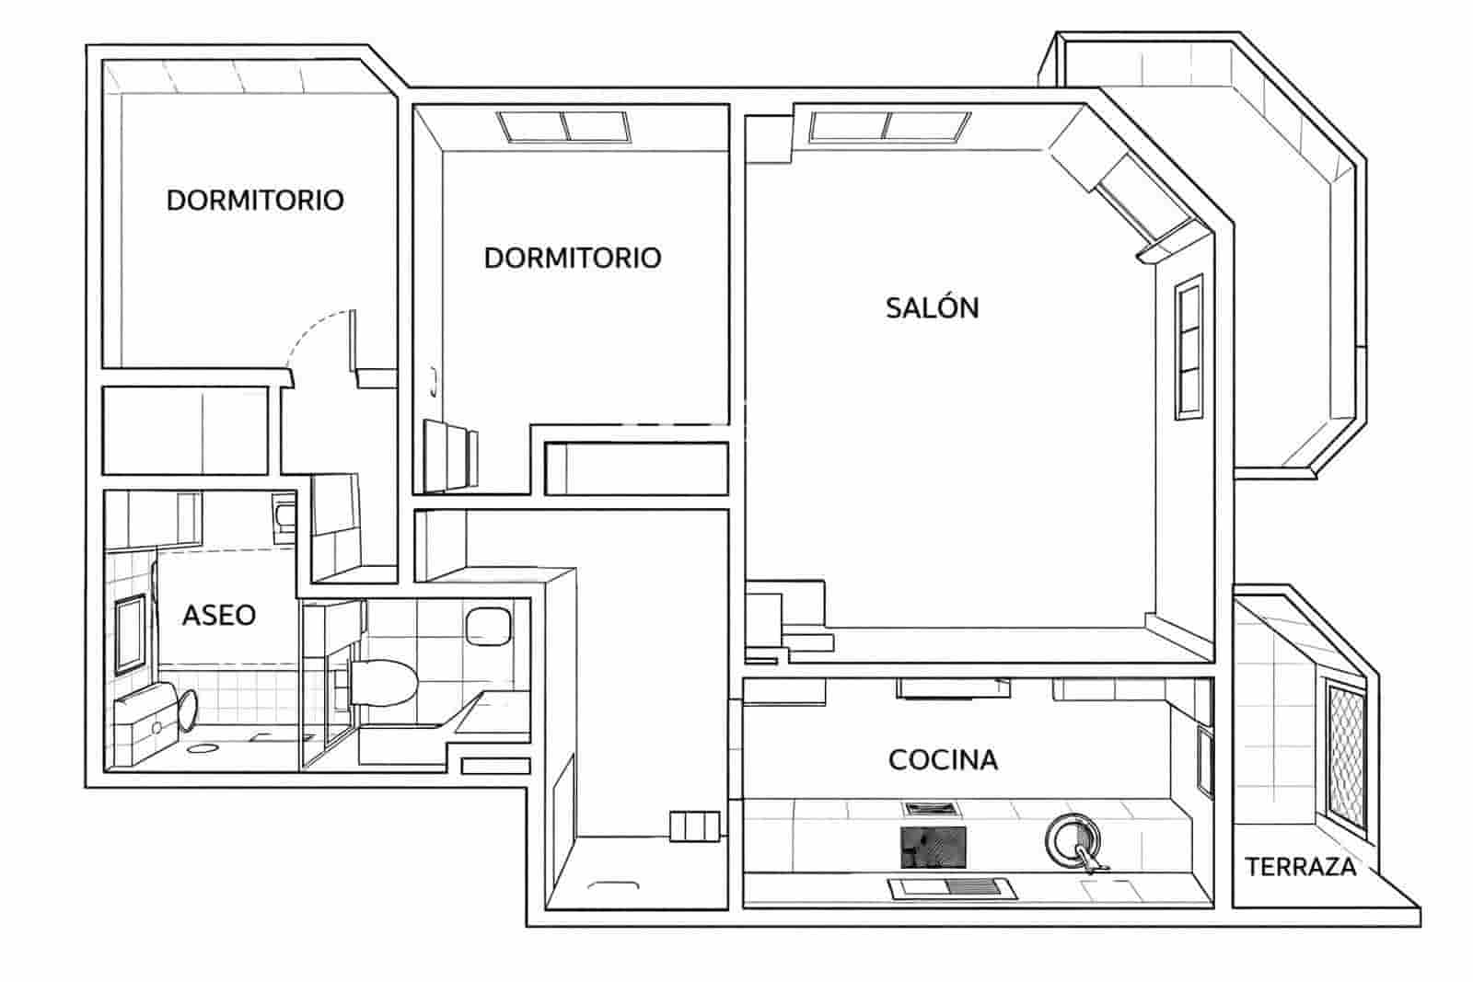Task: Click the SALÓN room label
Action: pos(932,307)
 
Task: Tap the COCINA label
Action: pos(943,760)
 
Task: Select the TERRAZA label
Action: pos(1300,867)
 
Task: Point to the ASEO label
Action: pos(218,615)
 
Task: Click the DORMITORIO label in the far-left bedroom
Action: pos(255,200)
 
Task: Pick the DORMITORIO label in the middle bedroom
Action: pos(572,258)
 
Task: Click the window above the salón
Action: pos(890,126)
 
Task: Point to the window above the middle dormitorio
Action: pos(565,126)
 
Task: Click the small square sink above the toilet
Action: pos(488,625)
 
